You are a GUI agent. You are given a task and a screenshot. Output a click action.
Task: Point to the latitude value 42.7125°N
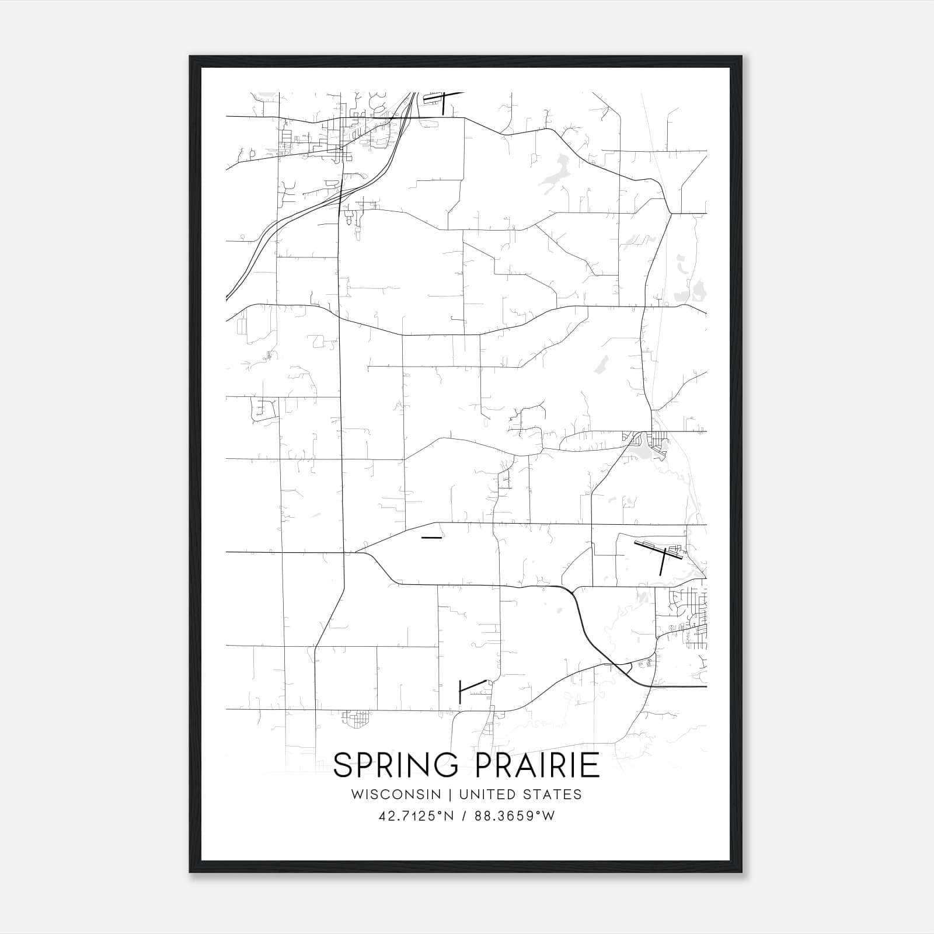point(416,816)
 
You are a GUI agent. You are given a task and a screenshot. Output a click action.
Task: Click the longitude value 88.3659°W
point(515,816)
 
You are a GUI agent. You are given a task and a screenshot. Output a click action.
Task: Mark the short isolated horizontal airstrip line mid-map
point(431,538)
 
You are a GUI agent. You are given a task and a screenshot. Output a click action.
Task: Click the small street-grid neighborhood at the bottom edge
point(357,719)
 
